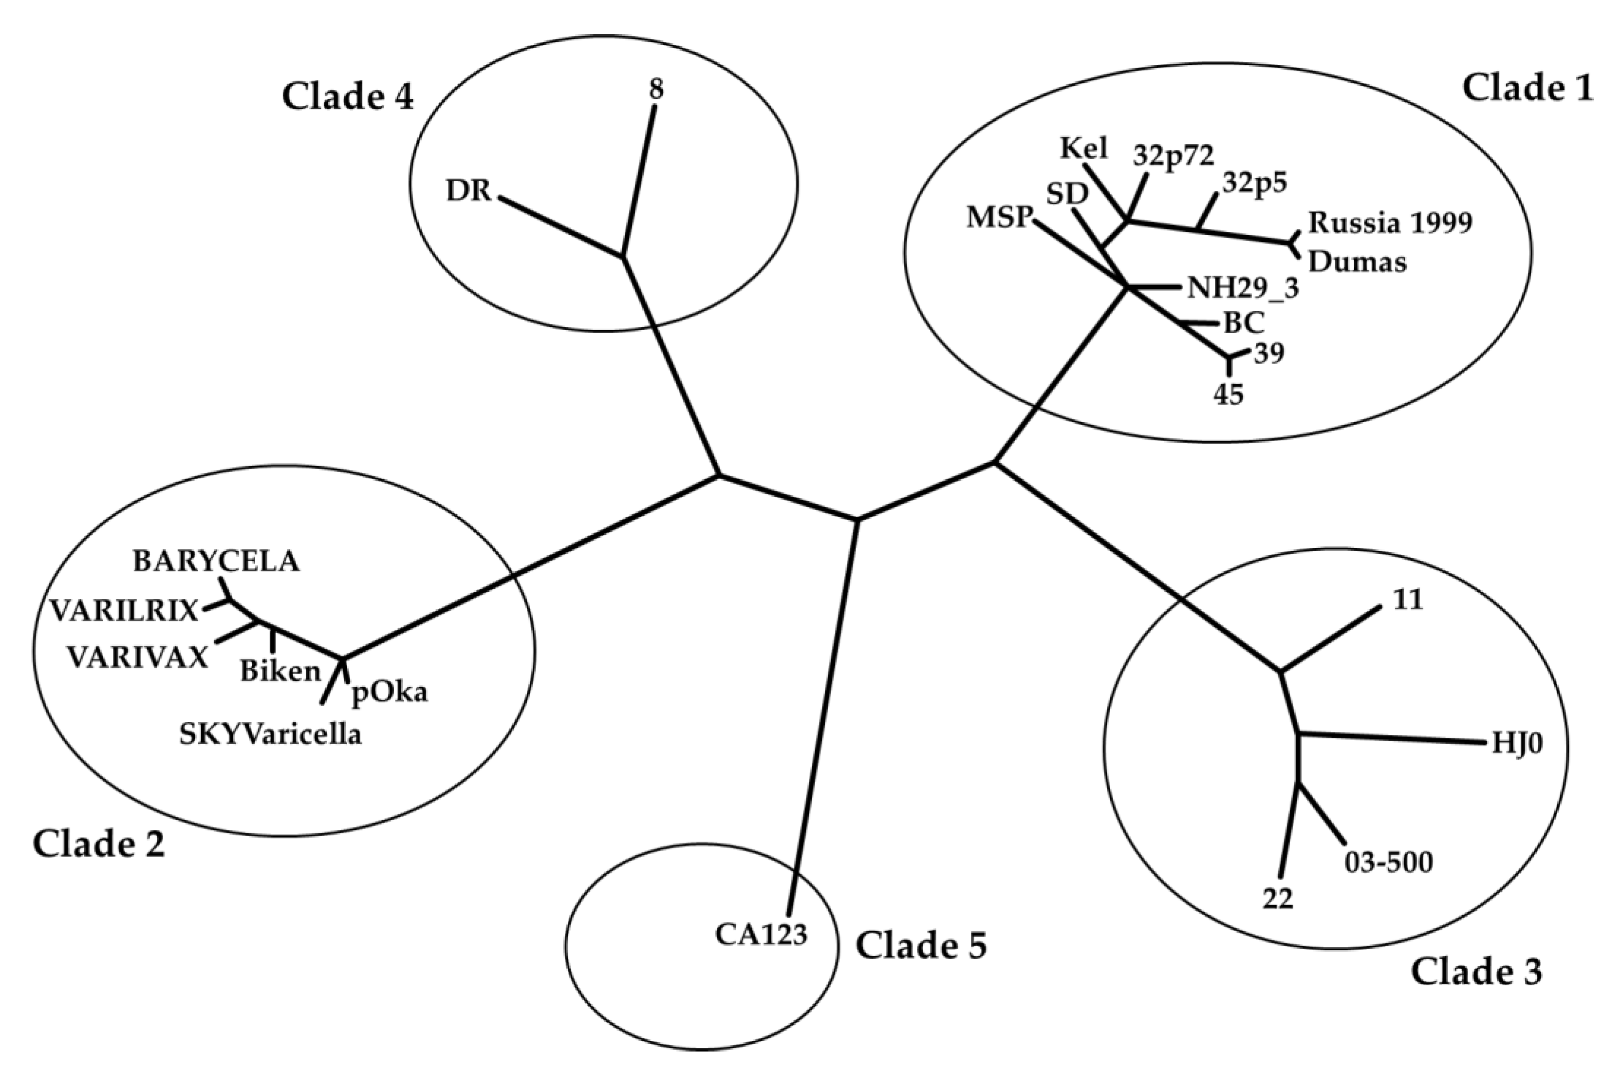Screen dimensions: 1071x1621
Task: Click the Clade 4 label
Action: pyautogui.click(x=348, y=96)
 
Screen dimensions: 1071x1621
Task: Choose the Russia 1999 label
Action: pyautogui.click(x=1390, y=223)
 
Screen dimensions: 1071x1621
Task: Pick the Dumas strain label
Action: pyautogui.click(x=1358, y=262)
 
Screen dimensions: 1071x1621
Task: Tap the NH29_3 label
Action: pyautogui.click(x=1243, y=288)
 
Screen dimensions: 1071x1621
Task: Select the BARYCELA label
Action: pyautogui.click(x=216, y=562)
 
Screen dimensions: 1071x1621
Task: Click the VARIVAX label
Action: pyautogui.click(x=137, y=658)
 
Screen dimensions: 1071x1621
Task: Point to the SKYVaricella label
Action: pyautogui.click(x=270, y=735)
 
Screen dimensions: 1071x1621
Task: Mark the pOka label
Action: pyautogui.click(x=389, y=693)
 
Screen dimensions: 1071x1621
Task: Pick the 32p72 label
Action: pyautogui.click(x=1173, y=156)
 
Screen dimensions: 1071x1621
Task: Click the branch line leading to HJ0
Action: pyautogui.click(x=1393, y=738)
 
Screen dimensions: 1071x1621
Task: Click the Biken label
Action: pyautogui.click(x=280, y=672)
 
